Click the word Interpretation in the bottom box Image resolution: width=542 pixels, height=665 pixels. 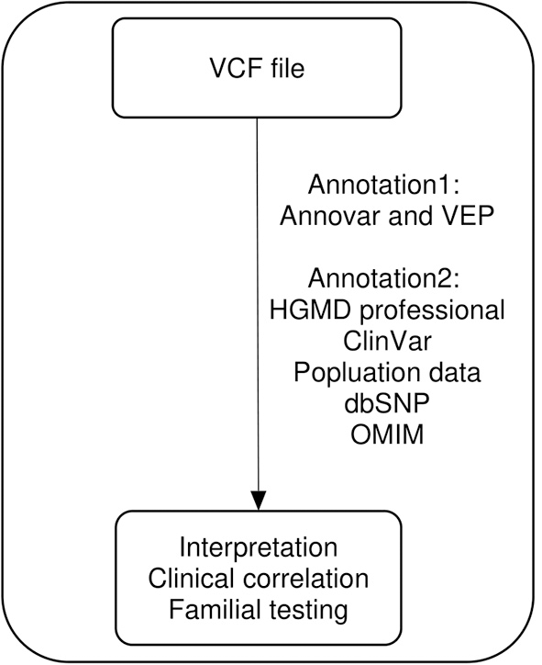(258, 549)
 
